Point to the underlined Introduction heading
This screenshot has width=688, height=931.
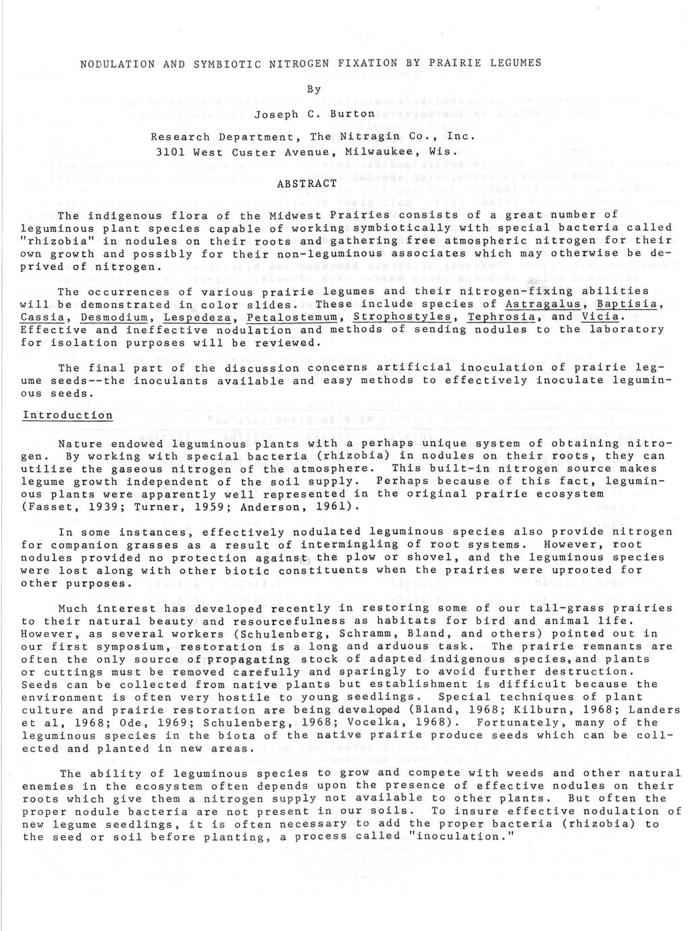(x=67, y=415)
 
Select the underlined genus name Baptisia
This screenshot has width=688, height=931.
(x=627, y=304)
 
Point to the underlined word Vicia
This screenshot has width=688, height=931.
(x=600, y=317)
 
